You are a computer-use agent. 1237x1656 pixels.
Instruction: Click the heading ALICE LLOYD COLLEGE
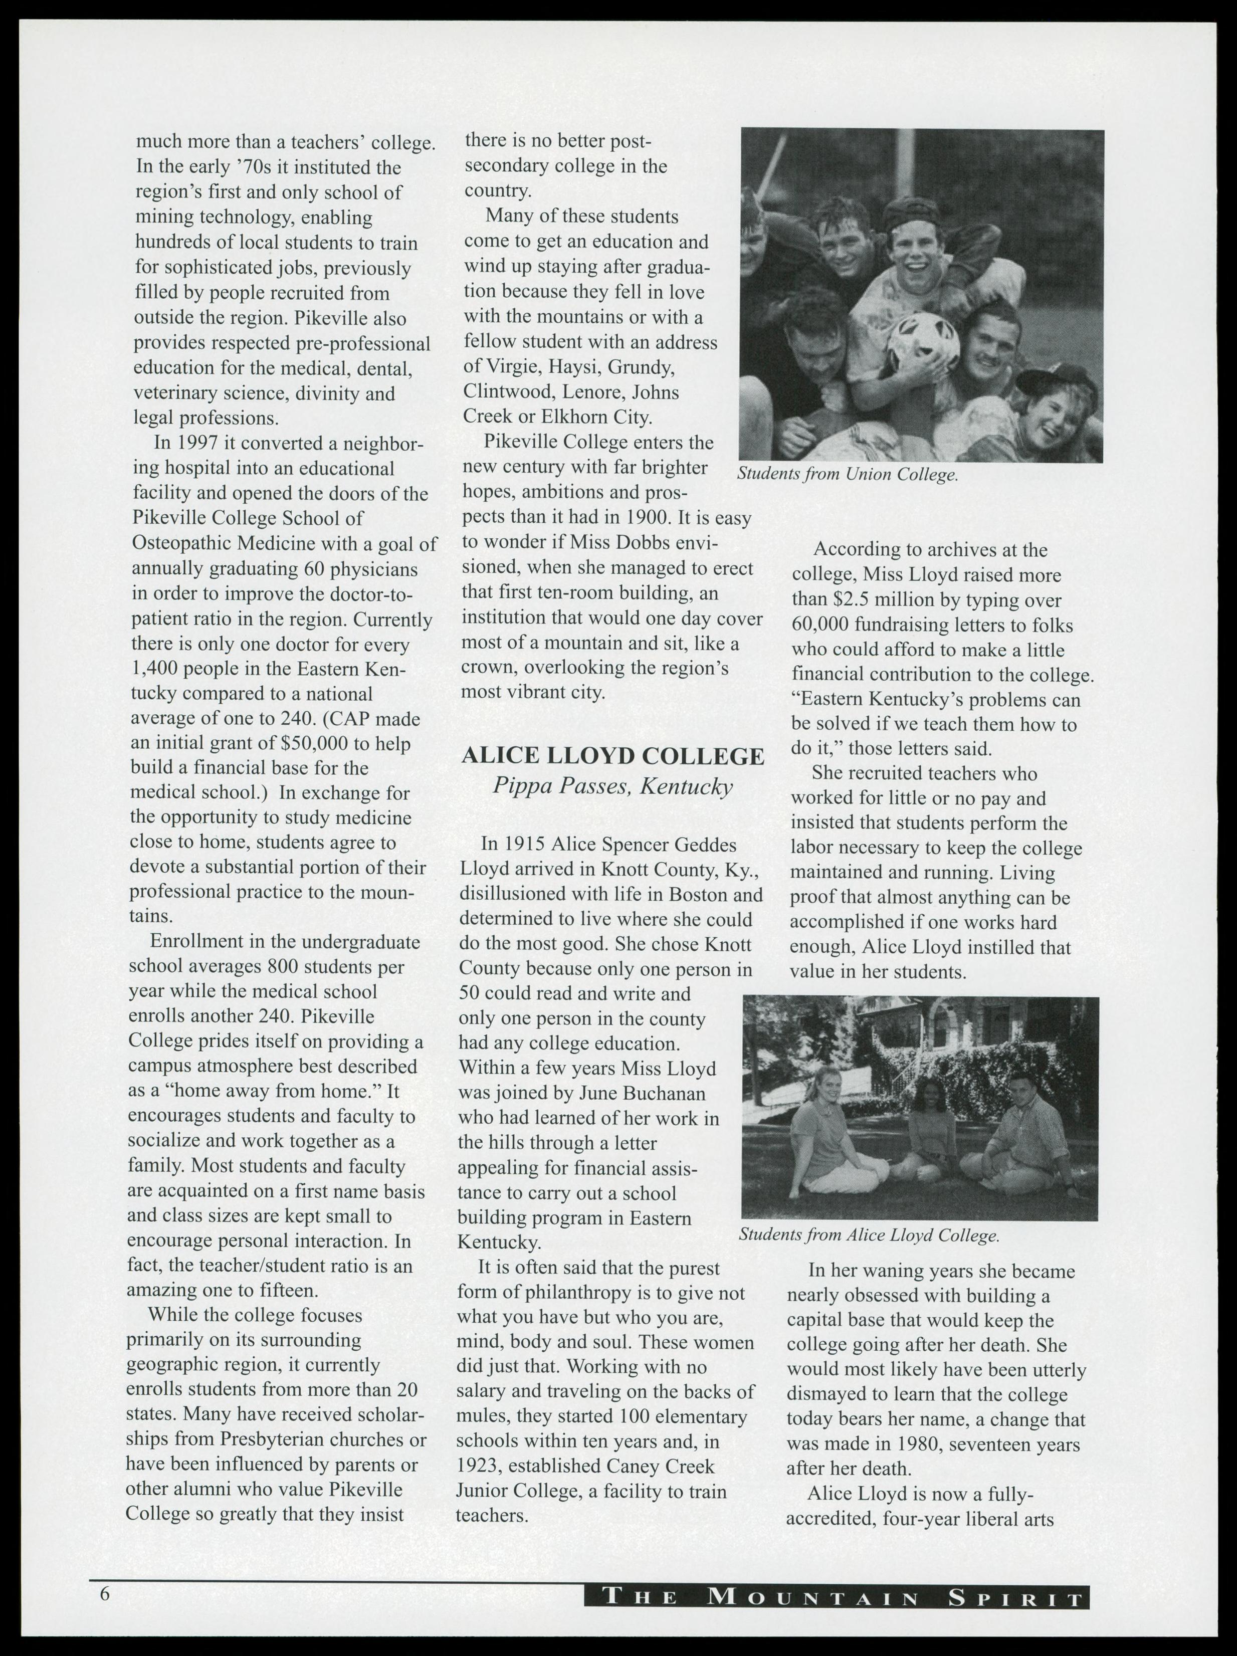[x=612, y=756]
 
